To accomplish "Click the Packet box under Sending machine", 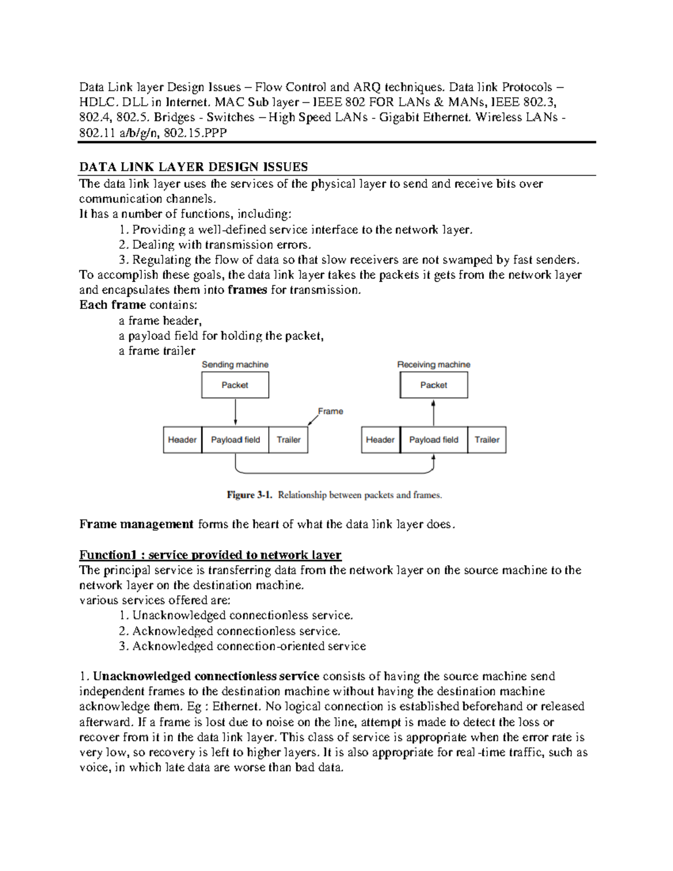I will [235, 385].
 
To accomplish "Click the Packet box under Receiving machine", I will [434, 385].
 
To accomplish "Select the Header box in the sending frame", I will [182, 440].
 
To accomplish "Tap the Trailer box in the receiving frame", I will [487, 440].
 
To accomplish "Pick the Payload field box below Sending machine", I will [235, 440].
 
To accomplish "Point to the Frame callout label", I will [330, 411].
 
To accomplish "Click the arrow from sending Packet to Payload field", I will [236, 412].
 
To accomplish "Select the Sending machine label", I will [235, 365].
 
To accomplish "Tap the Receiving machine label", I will [434, 365].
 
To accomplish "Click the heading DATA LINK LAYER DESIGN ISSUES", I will [193, 167].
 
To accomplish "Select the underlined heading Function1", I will [210, 555].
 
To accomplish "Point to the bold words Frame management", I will [136, 524].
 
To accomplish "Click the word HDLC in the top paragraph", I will [96, 102].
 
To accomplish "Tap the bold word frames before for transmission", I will [247, 290].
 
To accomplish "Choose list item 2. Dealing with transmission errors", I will [215, 245].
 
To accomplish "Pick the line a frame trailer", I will [157, 351].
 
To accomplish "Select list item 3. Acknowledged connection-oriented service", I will [242, 646].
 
